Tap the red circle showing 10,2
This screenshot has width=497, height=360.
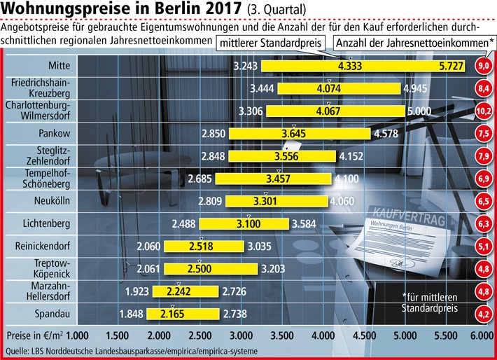483,111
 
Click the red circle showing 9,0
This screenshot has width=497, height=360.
483,67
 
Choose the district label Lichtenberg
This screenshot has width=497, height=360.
43,223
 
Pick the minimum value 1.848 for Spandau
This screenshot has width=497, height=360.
134,313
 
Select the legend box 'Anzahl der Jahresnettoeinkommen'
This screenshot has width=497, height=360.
411,43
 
